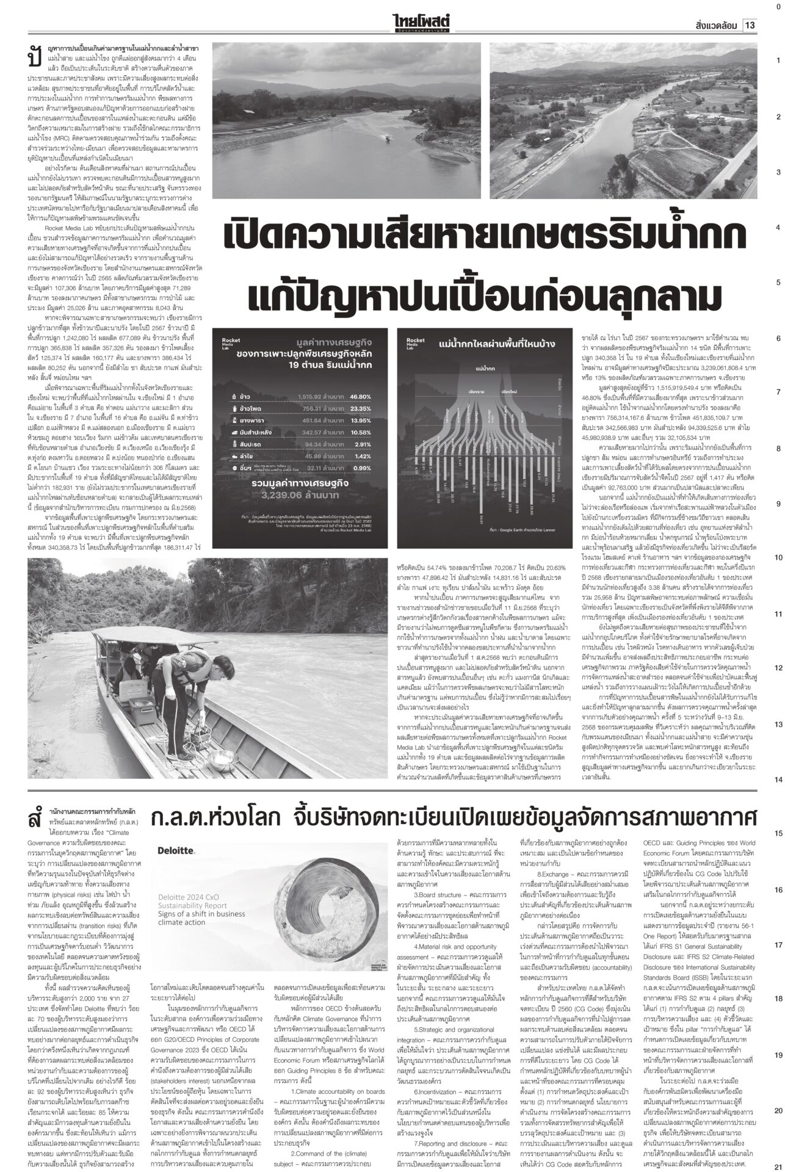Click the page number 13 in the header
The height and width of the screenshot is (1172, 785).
pyautogui.click(x=750, y=26)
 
